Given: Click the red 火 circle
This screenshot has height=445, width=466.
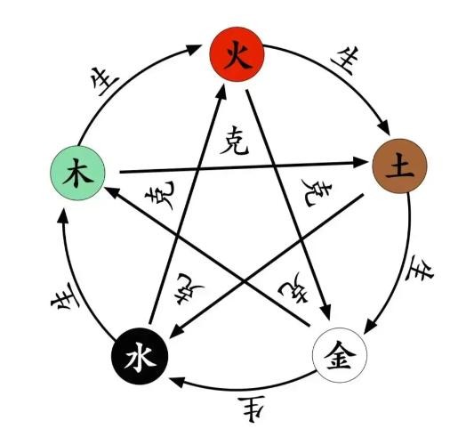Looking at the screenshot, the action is [237, 54].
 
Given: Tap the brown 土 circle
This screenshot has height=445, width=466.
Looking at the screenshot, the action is [399, 166].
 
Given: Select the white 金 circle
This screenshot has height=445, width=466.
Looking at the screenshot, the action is [340, 355].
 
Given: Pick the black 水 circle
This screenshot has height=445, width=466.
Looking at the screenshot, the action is [140, 356].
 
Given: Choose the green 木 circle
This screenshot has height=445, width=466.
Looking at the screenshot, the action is [77, 174].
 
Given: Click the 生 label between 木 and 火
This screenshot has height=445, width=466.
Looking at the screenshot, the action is [105, 81].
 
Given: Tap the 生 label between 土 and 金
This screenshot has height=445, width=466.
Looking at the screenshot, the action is [420, 269].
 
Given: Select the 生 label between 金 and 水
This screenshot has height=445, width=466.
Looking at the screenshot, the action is [252, 409].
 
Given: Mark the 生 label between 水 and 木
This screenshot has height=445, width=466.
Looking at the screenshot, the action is [65, 296].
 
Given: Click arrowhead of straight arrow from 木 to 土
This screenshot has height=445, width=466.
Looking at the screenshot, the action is [360, 162].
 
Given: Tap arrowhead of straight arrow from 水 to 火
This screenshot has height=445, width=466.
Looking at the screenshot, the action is [221, 92].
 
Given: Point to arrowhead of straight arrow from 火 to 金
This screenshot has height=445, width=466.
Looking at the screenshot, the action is [326, 312].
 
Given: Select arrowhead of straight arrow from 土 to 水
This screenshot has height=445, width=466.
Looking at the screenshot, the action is [177, 332].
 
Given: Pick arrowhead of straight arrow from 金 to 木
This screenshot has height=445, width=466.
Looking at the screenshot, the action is [112, 191].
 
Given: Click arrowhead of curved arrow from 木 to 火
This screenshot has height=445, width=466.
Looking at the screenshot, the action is [194, 49].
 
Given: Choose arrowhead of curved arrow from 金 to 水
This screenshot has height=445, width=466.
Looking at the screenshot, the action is [177, 382].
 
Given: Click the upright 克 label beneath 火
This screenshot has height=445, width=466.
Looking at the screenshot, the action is [234, 141].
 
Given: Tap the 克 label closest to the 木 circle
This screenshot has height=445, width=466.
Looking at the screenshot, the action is [160, 196].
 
